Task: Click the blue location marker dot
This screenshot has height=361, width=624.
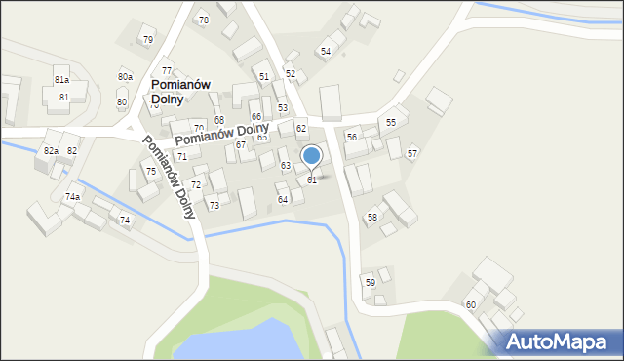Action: [311, 155]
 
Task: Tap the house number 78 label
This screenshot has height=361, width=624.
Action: [203, 20]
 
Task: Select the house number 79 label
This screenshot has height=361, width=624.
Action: [148, 40]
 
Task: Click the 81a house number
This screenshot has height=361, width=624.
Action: [61, 80]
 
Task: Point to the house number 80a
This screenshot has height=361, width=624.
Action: [125, 77]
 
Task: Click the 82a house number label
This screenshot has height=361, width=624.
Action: [51, 151]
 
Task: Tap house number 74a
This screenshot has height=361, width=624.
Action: [72, 197]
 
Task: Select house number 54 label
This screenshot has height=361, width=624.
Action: [326, 51]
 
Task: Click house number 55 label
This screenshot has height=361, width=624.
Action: [391, 123]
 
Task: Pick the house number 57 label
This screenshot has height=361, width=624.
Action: [412, 154]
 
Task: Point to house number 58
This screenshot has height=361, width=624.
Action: [371, 217]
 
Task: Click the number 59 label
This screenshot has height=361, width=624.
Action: [370, 282]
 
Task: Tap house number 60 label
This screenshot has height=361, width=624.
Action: [470, 305]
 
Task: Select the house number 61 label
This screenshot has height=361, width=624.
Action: [312, 180]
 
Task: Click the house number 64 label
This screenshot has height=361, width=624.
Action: [283, 200]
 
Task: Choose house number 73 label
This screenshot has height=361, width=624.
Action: [214, 206]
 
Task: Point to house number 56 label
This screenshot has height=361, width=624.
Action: [351, 138]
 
